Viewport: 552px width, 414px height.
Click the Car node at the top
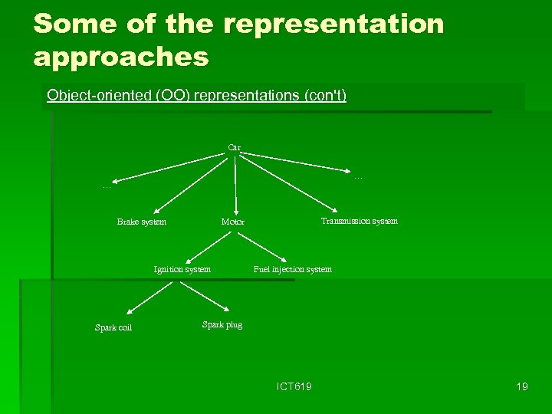(234, 147)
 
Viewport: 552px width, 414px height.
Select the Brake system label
(141, 222)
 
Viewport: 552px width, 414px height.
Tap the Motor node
(233, 222)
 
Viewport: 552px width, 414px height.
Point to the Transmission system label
(359, 221)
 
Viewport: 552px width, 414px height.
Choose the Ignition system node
(182, 269)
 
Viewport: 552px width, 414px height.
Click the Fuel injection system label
(292, 269)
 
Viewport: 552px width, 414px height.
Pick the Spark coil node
(113, 328)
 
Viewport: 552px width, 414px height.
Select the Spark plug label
(222, 324)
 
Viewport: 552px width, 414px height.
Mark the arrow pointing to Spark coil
(153, 297)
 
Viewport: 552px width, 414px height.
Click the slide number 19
(522, 386)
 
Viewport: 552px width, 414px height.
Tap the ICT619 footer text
(294, 386)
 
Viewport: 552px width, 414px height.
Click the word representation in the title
(334, 24)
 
